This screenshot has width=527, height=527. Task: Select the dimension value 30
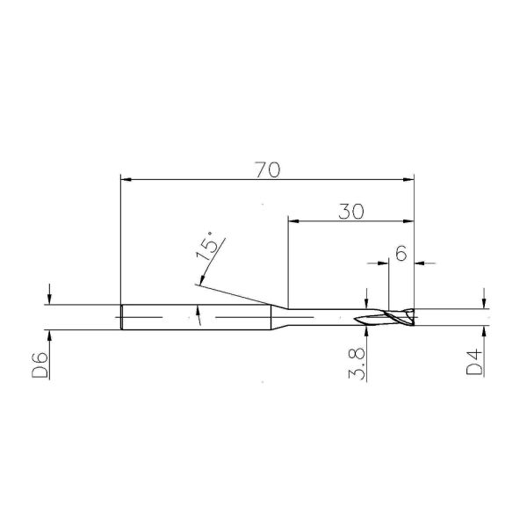click(x=351, y=212)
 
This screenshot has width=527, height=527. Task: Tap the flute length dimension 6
click(x=401, y=254)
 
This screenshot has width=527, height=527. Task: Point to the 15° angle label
click(x=209, y=247)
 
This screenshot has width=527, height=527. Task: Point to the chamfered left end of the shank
click(x=121, y=316)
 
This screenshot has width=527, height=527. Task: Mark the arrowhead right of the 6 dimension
click(x=421, y=261)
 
